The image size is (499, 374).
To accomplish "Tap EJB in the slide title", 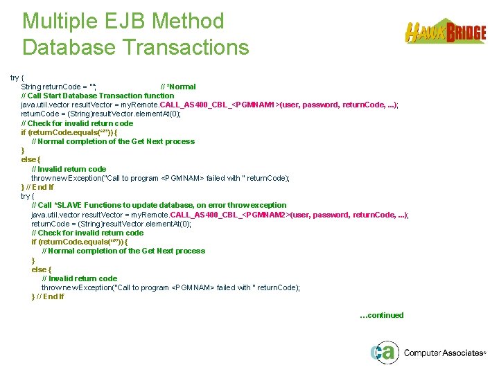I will tap(130, 21).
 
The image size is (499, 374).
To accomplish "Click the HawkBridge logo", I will tap(445, 32).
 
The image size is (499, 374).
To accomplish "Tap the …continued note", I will tap(381, 315).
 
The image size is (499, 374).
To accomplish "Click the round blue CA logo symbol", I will tap(383, 353).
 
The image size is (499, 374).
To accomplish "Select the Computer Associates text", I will tap(444, 353).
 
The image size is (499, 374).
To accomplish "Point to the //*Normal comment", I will tap(178, 87).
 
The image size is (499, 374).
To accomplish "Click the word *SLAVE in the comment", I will tap(68, 205).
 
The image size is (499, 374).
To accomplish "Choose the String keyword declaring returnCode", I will tap(31, 87).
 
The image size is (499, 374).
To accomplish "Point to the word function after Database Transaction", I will tap(159, 96).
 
